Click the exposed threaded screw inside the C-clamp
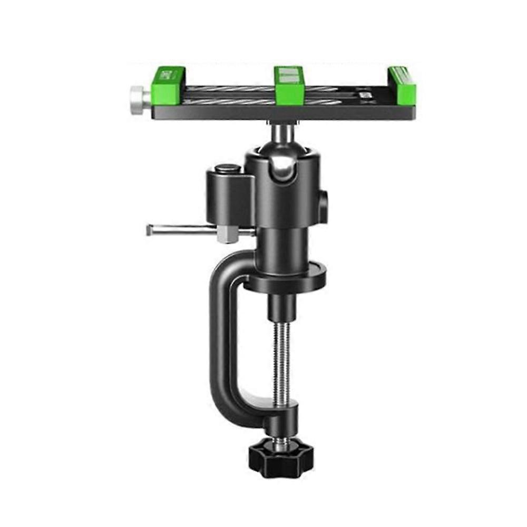pyautogui.click(x=282, y=364)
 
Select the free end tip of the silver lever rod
pyautogui.click(x=150, y=229)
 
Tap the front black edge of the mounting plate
pyautogui.click(x=285, y=113)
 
